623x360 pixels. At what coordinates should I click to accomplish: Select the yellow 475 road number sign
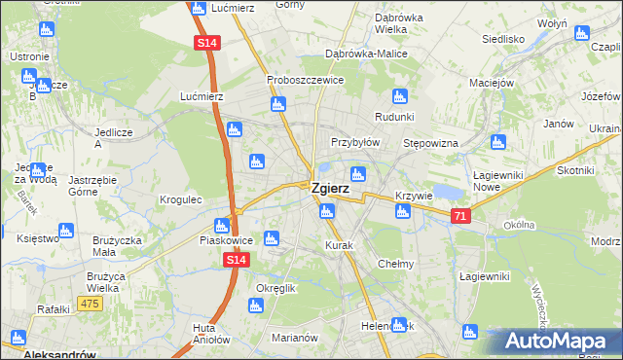91,305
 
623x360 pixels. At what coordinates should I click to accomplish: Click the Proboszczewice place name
305,80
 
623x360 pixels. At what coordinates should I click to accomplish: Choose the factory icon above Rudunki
398,95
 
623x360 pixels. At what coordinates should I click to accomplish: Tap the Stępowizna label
430,143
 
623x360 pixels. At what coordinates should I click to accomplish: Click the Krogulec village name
180,199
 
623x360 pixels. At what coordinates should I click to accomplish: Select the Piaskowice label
226,239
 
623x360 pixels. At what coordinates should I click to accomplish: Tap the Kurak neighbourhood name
339,245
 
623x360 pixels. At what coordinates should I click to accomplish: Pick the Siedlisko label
503,40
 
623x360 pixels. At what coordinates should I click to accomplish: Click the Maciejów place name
491,82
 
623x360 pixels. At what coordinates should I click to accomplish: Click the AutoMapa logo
553,342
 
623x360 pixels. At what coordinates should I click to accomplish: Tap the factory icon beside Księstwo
66,231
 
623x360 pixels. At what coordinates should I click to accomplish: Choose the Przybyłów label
354,141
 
